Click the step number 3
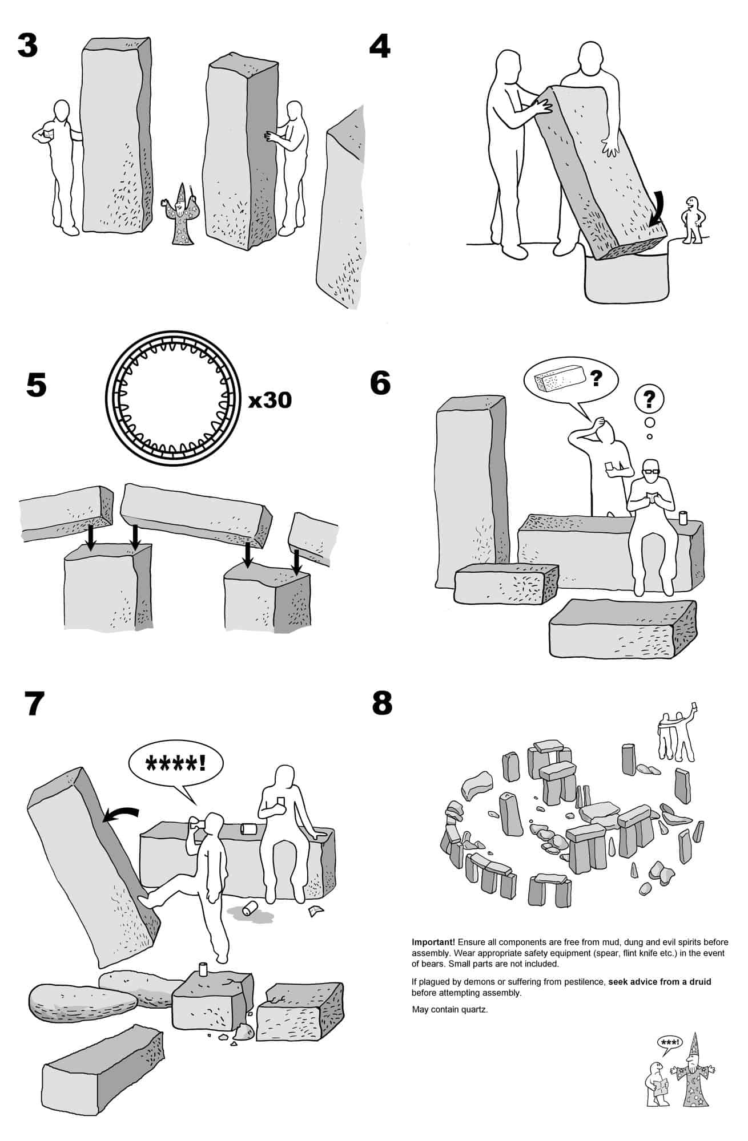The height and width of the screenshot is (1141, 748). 27,46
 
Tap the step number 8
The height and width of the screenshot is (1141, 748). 382,703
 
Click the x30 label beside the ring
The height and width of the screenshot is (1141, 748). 270,400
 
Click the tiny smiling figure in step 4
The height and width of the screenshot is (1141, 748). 692,220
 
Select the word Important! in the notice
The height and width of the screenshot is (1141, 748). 433,942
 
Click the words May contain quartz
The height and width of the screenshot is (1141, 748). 450,1009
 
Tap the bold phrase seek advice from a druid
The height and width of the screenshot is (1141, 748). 659,982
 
